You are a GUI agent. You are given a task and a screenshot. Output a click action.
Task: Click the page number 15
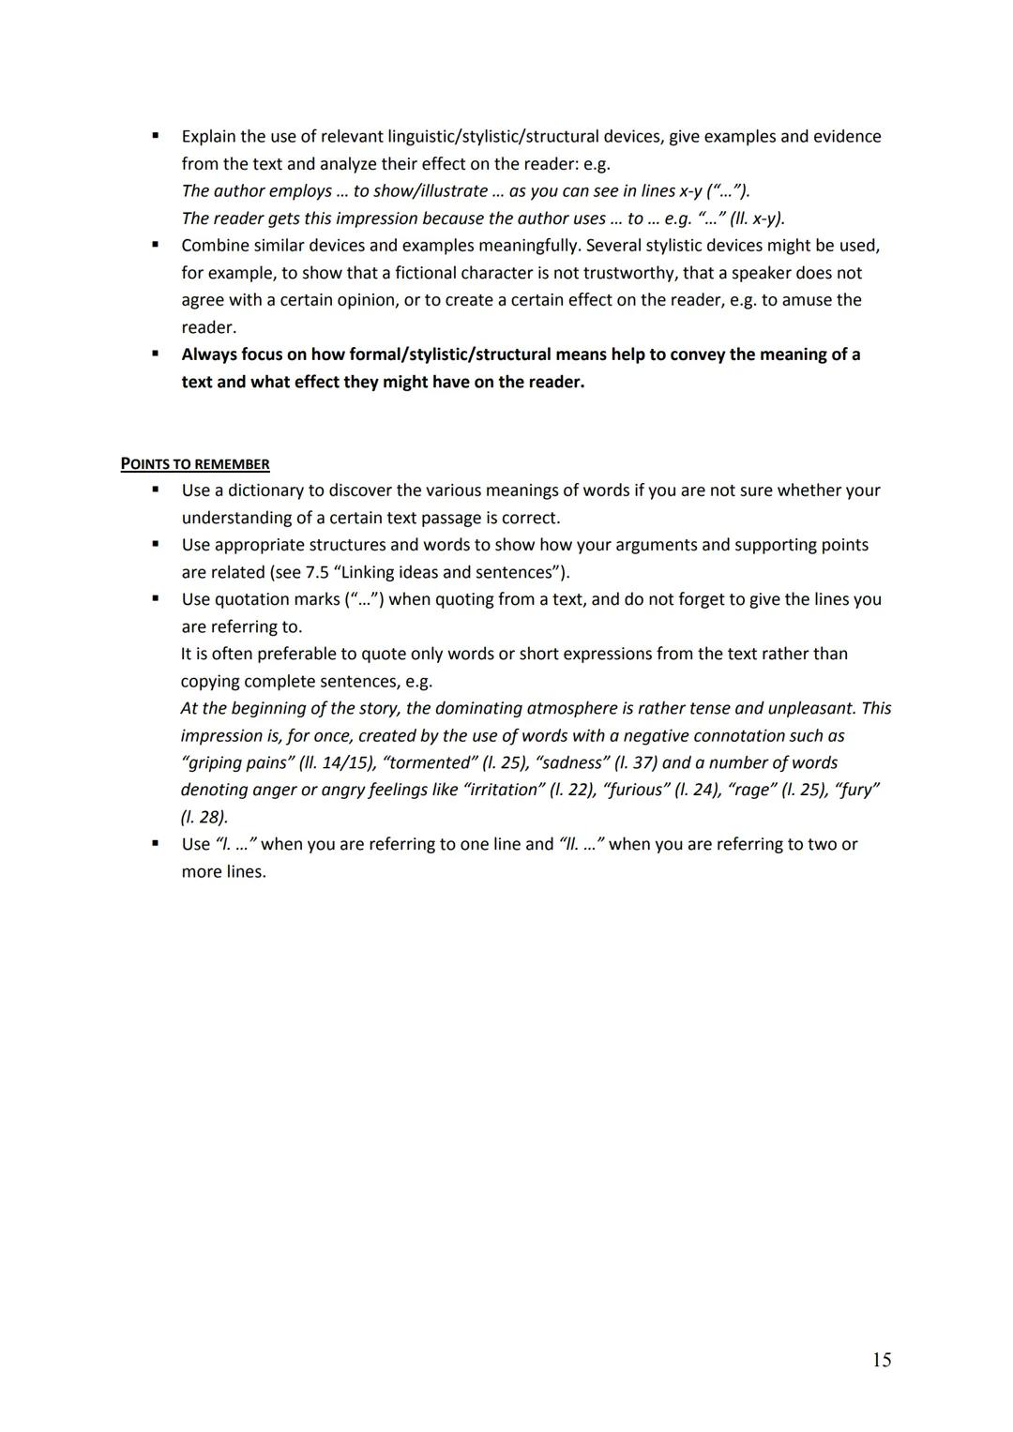coord(881,1360)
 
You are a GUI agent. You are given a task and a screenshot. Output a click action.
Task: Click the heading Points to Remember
coord(195,464)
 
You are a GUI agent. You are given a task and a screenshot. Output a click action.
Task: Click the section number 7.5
coord(317,572)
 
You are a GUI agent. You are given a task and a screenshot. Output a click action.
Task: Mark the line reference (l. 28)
coord(204,817)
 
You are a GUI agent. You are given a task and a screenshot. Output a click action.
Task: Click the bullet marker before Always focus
coord(155,354)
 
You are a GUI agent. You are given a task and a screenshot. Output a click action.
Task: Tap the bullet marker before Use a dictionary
coord(155,490)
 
